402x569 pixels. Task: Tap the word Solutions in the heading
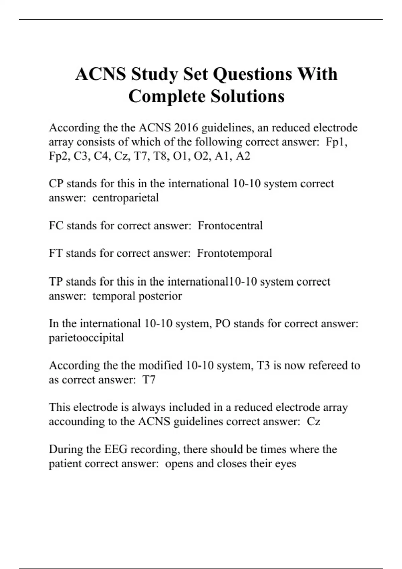point(248,96)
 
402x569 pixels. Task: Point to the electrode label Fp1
point(336,142)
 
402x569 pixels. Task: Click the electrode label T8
point(160,156)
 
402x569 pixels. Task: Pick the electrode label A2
point(243,156)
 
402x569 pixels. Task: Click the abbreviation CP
point(56,184)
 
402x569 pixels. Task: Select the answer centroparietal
point(126,198)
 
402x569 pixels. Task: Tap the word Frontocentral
point(230,226)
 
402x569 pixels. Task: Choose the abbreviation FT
point(56,253)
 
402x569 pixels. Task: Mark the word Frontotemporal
point(234,253)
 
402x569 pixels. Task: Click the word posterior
point(160,296)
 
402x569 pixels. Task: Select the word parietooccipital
point(86,338)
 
